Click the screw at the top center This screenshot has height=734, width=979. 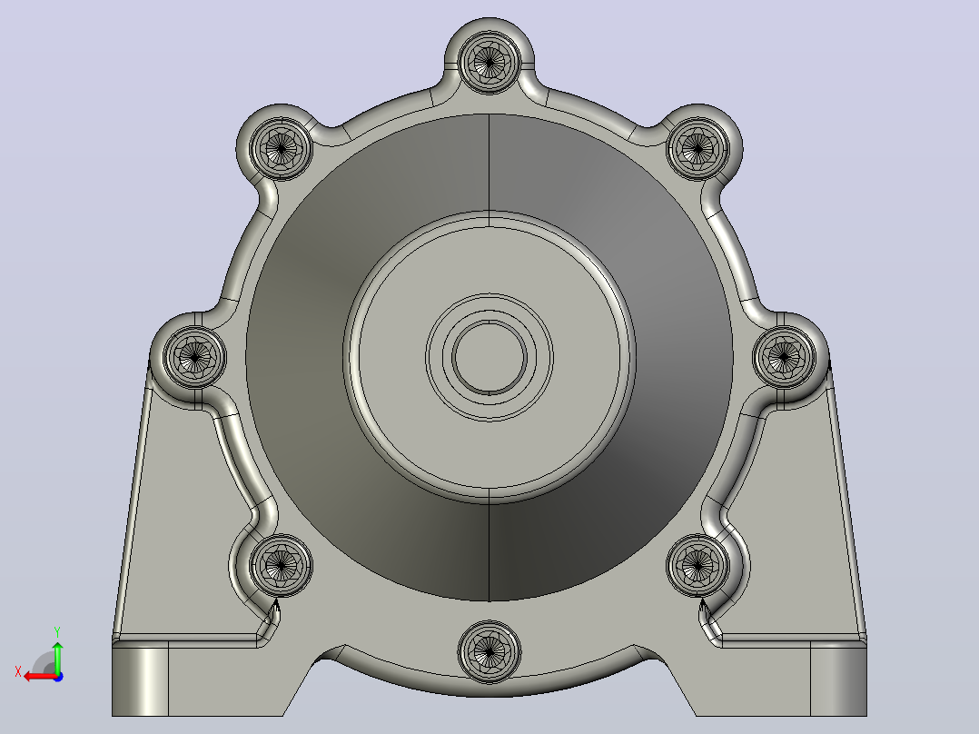(x=489, y=61)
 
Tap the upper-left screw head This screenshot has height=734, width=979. (x=281, y=148)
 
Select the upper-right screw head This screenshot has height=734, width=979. (x=698, y=148)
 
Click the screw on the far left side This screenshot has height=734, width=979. (x=194, y=357)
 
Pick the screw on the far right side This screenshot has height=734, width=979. (x=785, y=357)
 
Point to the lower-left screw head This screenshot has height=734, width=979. (x=281, y=565)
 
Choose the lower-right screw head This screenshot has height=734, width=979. (x=698, y=565)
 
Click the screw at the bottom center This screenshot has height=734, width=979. (x=489, y=651)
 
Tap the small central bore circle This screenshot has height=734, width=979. (x=489, y=357)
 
